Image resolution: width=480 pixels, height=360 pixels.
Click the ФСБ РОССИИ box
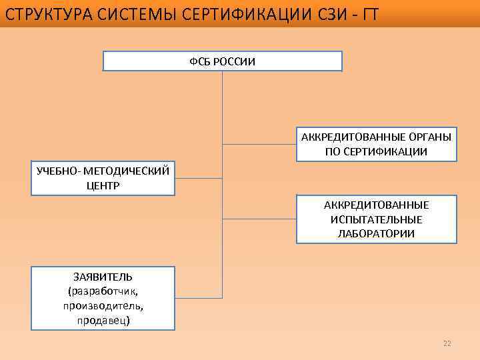tap(222, 61)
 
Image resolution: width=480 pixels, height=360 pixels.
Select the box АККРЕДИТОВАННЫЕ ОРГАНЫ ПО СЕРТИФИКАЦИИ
tap(377, 144)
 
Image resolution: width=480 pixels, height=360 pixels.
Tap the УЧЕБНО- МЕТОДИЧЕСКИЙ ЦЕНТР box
tap(103, 178)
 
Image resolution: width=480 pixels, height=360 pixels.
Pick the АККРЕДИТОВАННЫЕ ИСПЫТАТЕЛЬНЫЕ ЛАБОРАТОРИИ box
tap(377, 219)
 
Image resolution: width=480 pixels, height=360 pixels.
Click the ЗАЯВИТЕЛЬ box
tap(103, 298)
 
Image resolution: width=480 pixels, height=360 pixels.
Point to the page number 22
tap(447, 343)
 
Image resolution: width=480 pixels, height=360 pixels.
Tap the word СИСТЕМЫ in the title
tap(136, 14)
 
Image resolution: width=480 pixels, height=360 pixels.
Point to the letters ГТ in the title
tap(369, 14)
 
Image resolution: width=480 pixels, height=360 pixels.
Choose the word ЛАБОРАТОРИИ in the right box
tap(377, 233)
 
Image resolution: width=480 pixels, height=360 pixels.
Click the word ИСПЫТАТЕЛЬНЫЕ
tap(377, 219)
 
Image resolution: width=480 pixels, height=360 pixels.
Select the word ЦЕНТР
tap(103, 185)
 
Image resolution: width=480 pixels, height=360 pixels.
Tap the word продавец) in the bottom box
tap(103, 320)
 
